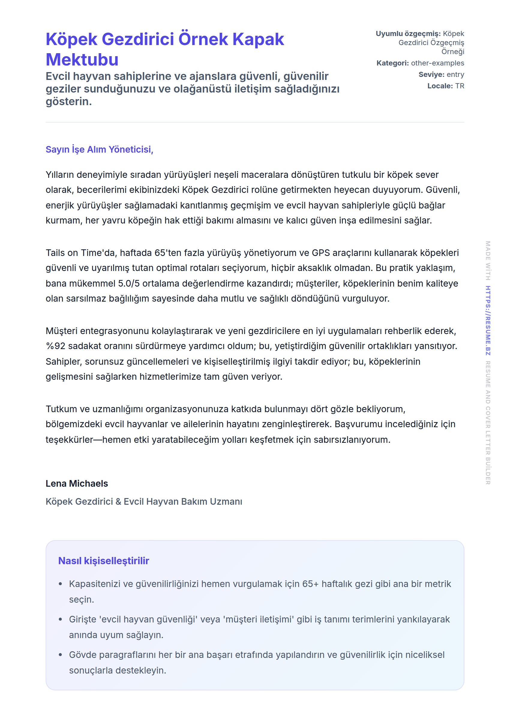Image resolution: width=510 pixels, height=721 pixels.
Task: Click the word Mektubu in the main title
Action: (x=82, y=59)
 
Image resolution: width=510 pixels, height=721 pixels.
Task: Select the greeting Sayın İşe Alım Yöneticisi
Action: (x=99, y=149)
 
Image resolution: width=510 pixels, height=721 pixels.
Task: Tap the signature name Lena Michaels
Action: (x=76, y=483)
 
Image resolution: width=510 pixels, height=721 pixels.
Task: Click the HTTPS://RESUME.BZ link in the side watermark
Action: (x=488, y=321)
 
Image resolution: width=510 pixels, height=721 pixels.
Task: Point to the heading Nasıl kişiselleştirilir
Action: (x=103, y=561)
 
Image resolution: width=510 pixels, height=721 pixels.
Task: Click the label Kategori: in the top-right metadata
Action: (x=392, y=63)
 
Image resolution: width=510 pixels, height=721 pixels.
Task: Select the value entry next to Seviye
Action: (x=455, y=75)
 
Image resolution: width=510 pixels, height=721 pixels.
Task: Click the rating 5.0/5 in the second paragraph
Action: (x=129, y=283)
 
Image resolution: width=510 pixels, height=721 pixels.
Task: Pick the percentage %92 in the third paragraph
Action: (x=55, y=346)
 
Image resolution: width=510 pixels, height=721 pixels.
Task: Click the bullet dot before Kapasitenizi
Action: (x=60, y=584)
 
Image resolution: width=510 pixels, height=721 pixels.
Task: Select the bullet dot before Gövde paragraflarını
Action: (x=60, y=655)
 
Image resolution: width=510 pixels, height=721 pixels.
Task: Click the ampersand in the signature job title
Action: (x=118, y=501)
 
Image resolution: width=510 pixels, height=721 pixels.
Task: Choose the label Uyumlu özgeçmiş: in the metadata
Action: (x=408, y=34)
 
